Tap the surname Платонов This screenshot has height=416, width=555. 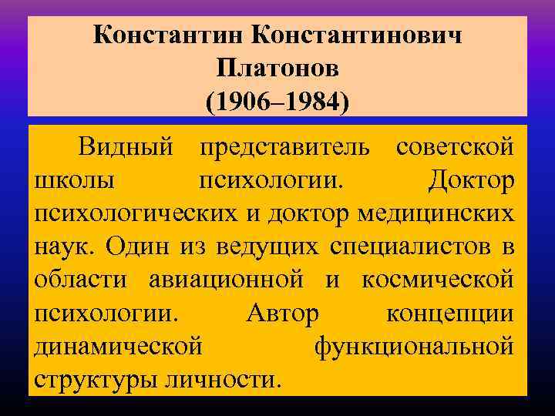pos(277,69)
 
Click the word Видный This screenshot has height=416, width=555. pos(129,146)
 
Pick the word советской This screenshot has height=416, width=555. pos(455,146)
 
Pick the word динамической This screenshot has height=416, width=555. pos(119,347)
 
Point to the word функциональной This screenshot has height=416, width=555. pos(414,347)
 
